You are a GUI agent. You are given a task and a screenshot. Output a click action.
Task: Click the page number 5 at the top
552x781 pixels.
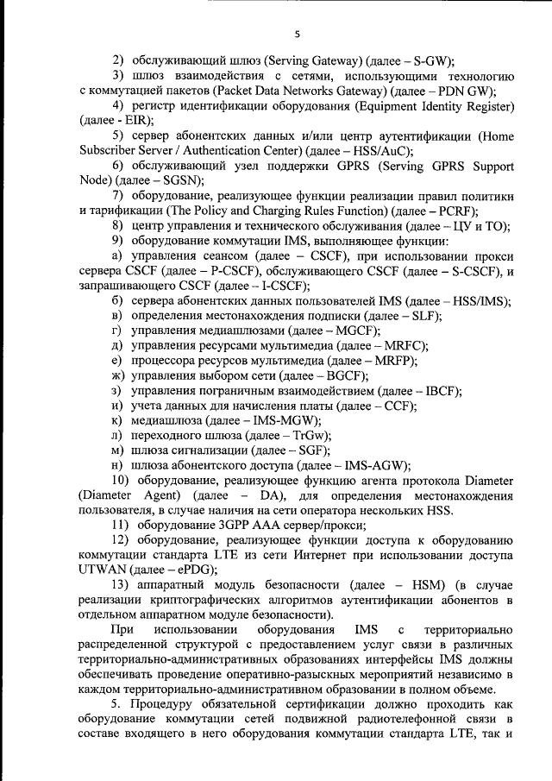click(297, 35)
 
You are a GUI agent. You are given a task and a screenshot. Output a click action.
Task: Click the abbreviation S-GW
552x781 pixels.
click(429, 60)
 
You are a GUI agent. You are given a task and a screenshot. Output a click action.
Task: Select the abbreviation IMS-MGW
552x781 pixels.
click(288, 420)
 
